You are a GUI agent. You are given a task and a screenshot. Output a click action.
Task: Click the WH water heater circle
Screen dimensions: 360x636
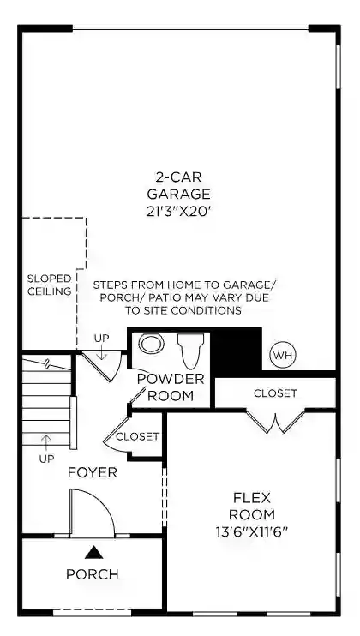click(283, 356)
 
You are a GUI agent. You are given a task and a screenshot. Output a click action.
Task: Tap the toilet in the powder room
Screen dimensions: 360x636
click(191, 351)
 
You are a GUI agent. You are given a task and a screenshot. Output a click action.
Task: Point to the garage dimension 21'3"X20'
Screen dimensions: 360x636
click(180, 212)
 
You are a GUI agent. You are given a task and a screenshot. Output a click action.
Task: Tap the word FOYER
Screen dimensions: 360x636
click(93, 472)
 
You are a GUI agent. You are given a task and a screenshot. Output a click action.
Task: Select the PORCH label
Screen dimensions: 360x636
click(93, 574)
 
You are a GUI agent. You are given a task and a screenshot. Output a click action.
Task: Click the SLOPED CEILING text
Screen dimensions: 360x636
click(49, 285)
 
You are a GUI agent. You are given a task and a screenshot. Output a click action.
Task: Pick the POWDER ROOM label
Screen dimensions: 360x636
click(171, 387)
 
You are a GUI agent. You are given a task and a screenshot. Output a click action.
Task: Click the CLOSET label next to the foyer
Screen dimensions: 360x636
click(137, 436)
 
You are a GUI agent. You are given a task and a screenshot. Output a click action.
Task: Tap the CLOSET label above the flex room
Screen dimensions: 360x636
click(275, 393)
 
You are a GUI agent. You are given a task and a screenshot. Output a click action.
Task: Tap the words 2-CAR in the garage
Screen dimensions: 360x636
click(178, 177)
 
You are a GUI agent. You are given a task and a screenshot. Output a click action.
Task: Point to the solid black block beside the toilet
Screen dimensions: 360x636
click(236, 351)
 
